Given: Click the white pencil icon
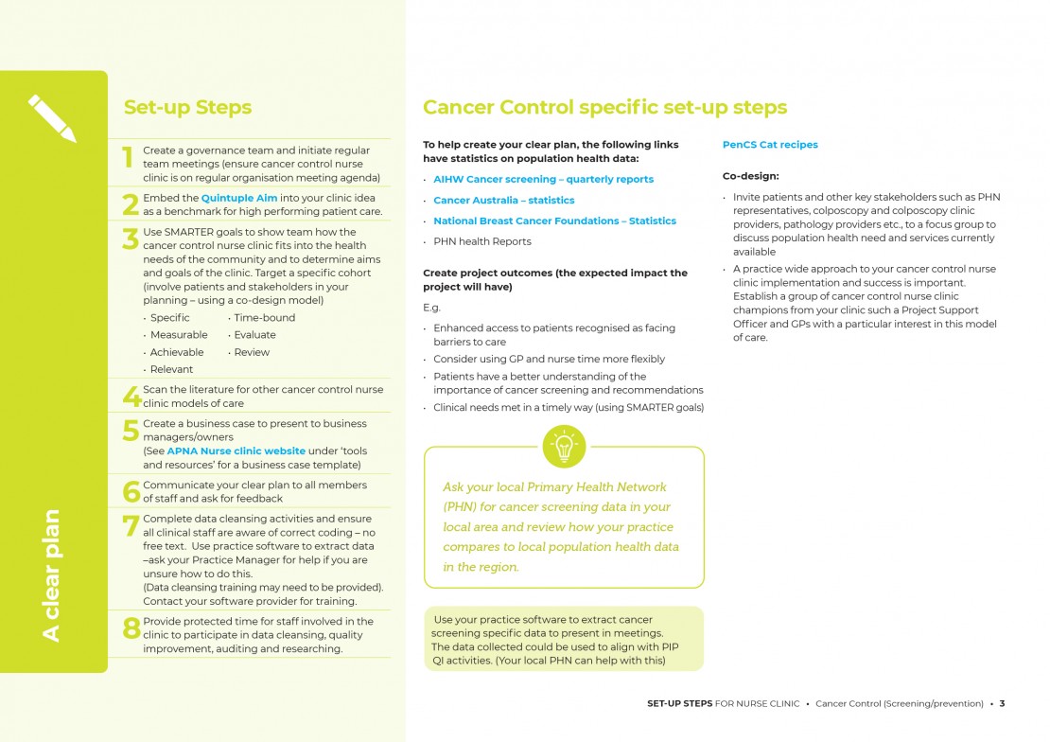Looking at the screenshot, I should [x=52, y=118].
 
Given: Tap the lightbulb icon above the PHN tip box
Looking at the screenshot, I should [x=564, y=447].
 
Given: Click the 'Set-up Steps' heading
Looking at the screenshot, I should [x=187, y=108].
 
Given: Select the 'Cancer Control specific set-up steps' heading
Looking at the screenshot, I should [x=604, y=108].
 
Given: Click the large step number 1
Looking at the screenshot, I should [x=129, y=158].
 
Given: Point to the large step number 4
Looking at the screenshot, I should [x=131, y=397].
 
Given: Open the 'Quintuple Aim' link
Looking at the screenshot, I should [x=239, y=198].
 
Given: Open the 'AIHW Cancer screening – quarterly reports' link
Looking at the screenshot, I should [x=543, y=179].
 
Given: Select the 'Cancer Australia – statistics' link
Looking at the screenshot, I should [x=503, y=200].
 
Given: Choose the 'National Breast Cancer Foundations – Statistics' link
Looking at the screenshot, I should [x=554, y=221].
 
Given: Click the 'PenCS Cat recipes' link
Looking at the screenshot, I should [x=770, y=145].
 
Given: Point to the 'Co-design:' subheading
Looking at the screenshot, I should [x=750, y=176].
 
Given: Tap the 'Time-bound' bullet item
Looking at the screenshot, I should [x=264, y=318].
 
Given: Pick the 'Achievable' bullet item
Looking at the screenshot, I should [x=177, y=352].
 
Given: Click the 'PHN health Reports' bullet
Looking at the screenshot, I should [x=481, y=241].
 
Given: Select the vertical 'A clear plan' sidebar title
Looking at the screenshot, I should [x=51, y=574].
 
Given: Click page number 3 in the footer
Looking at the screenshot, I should [x=1002, y=703].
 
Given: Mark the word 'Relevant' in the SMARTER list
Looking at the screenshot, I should [x=171, y=369].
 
